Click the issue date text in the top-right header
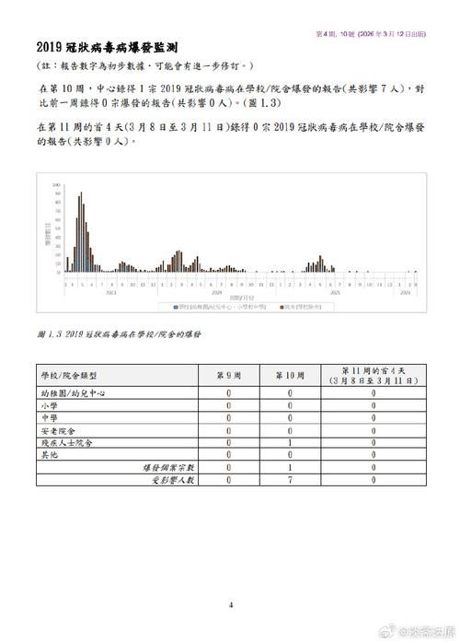click(x=372, y=33)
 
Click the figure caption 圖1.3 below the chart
click(x=121, y=333)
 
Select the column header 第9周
click(x=231, y=376)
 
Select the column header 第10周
click(x=290, y=376)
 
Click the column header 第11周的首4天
click(x=373, y=376)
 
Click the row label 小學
click(x=48, y=404)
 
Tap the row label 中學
click(x=48, y=417)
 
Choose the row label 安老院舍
click(x=57, y=430)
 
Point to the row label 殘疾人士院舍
click(x=65, y=442)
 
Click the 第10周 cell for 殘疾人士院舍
click(x=290, y=442)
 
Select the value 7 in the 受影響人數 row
click(x=290, y=480)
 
